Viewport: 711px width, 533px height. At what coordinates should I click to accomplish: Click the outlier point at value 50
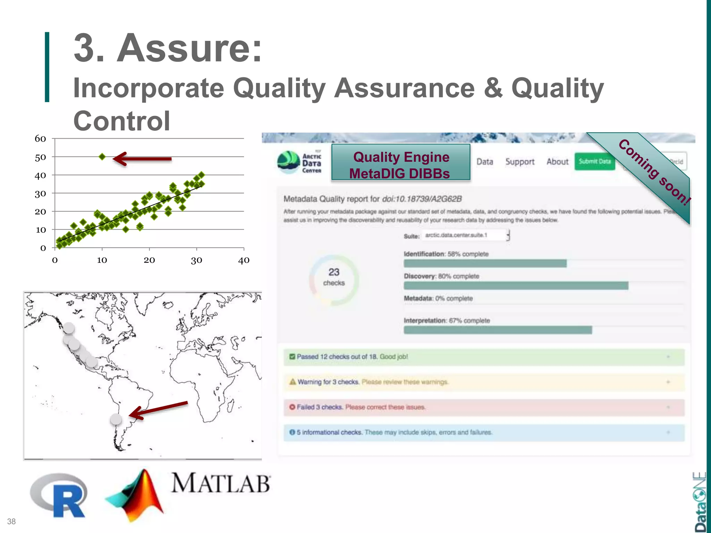tap(102, 157)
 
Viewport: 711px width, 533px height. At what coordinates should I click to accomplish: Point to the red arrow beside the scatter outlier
tap(142, 159)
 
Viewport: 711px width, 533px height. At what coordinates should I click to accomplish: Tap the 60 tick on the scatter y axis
tap(40, 139)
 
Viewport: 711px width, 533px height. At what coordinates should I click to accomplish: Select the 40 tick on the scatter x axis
tap(244, 260)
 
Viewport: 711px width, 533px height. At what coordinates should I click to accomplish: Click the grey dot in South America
tap(116, 419)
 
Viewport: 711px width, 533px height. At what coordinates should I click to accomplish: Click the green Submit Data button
tap(595, 161)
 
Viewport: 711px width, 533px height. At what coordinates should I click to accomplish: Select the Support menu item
tap(520, 162)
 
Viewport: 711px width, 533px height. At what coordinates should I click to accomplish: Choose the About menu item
tap(557, 162)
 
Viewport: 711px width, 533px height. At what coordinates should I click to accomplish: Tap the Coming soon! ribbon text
tap(654, 172)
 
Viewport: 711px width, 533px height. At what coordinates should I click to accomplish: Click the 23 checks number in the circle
tap(334, 272)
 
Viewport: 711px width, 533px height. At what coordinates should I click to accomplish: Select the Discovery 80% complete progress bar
tap(516, 286)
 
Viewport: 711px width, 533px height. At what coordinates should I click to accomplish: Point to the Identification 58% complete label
tap(446, 254)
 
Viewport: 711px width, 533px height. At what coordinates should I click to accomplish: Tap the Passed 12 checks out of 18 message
tap(352, 357)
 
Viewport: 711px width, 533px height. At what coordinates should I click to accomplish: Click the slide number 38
tap(11, 522)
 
